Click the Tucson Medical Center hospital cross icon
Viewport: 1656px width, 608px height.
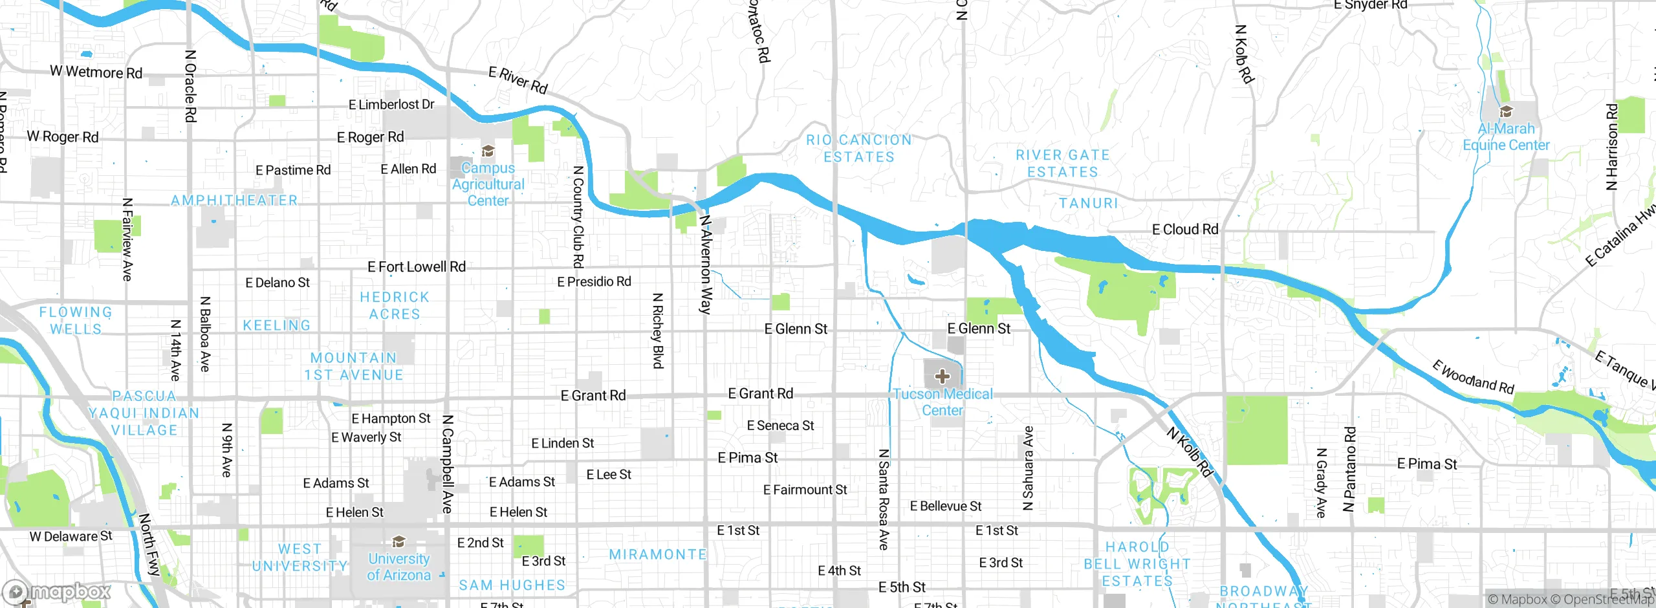(x=942, y=376)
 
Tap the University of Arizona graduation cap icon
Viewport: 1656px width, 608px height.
(x=399, y=541)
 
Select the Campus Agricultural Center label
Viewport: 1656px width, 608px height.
(x=488, y=184)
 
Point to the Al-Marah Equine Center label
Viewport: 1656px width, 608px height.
(x=1506, y=137)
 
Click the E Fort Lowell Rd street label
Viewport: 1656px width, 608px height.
(x=417, y=266)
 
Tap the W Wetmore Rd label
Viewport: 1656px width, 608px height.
(x=96, y=72)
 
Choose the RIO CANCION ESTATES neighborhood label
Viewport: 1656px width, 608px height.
(x=859, y=149)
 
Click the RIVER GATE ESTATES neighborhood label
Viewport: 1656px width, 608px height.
(x=1063, y=164)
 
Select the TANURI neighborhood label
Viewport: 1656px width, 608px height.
(x=1089, y=203)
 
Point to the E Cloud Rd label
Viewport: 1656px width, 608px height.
(x=1185, y=229)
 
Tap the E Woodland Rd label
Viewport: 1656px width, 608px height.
(x=1473, y=377)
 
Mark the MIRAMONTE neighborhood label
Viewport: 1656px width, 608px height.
(x=658, y=554)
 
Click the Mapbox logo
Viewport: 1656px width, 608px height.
(x=58, y=591)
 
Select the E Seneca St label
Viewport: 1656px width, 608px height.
(x=780, y=426)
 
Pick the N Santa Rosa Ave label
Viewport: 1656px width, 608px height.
(x=884, y=499)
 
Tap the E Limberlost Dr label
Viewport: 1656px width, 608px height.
(x=391, y=104)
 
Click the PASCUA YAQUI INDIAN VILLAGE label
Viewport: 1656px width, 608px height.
(x=144, y=413)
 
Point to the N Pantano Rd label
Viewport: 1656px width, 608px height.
(x=1349, y=469)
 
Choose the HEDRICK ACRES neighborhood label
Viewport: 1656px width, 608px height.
(x=395, y=305)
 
